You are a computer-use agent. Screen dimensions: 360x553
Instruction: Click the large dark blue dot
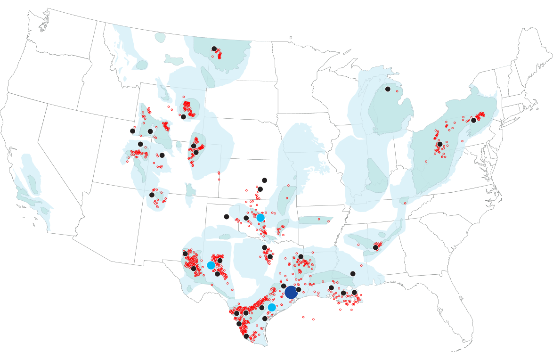[291, 292]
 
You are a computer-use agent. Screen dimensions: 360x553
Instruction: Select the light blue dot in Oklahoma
[260, 218]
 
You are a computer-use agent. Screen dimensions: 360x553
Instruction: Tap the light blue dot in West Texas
[211, 265]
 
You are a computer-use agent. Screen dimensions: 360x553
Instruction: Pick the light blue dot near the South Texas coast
[272, 307]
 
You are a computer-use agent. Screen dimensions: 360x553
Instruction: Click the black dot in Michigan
[388, 89]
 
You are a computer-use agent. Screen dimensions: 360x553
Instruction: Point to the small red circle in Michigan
[397, 91]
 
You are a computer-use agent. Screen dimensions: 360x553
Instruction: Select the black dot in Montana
[214, 49]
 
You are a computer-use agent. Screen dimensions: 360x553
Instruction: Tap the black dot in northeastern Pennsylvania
[473, 120]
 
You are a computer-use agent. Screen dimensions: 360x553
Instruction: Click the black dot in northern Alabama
[375, 247]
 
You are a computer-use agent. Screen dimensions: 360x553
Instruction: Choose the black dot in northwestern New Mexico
[152, 195]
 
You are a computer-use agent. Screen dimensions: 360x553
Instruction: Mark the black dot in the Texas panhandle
[227, 217]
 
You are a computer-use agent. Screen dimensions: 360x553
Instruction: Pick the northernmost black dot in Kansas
[264, 180]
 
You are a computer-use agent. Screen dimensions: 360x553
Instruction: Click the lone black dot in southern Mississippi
[353, 274]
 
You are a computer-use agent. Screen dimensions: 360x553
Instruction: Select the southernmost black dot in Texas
[246, 336]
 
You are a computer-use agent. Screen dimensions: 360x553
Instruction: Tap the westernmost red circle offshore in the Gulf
[303, 317]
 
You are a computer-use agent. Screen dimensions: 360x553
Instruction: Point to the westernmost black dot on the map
[132, 131]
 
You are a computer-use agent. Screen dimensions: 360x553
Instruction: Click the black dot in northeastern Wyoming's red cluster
[183, 116]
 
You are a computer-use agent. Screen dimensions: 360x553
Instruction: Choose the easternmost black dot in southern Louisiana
[354, 292]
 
